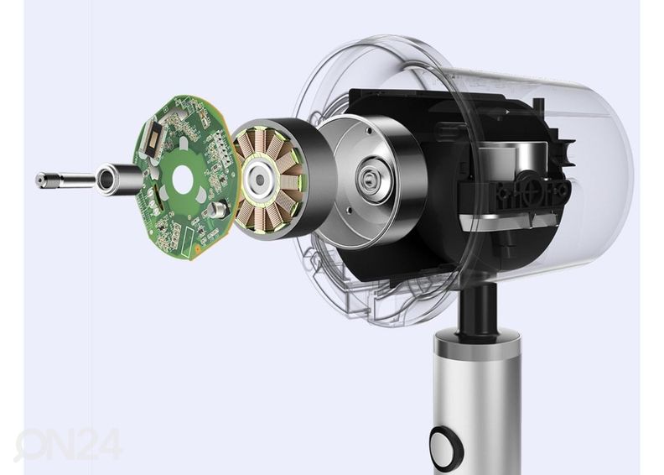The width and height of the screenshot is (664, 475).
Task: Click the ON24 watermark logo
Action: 67,443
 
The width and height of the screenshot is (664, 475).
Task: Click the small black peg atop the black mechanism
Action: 539,106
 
